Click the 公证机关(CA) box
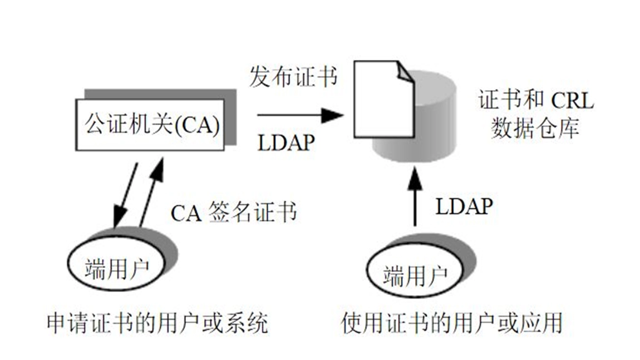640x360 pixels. point(150,125)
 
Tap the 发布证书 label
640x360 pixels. point(293,77)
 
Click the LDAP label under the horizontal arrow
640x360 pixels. point(286,143)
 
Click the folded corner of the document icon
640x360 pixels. point(405,72)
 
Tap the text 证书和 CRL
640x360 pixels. point(535,102)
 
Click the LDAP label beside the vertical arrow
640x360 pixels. point(464,207)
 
